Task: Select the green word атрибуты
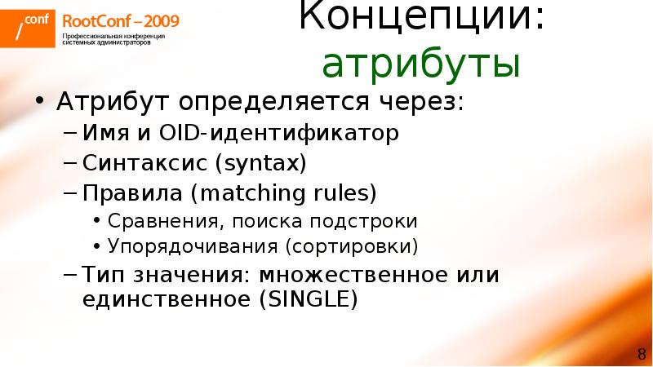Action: [x=421, y=64]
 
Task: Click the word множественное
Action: [x=371, y=274]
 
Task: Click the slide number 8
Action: [x=640, y=352]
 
